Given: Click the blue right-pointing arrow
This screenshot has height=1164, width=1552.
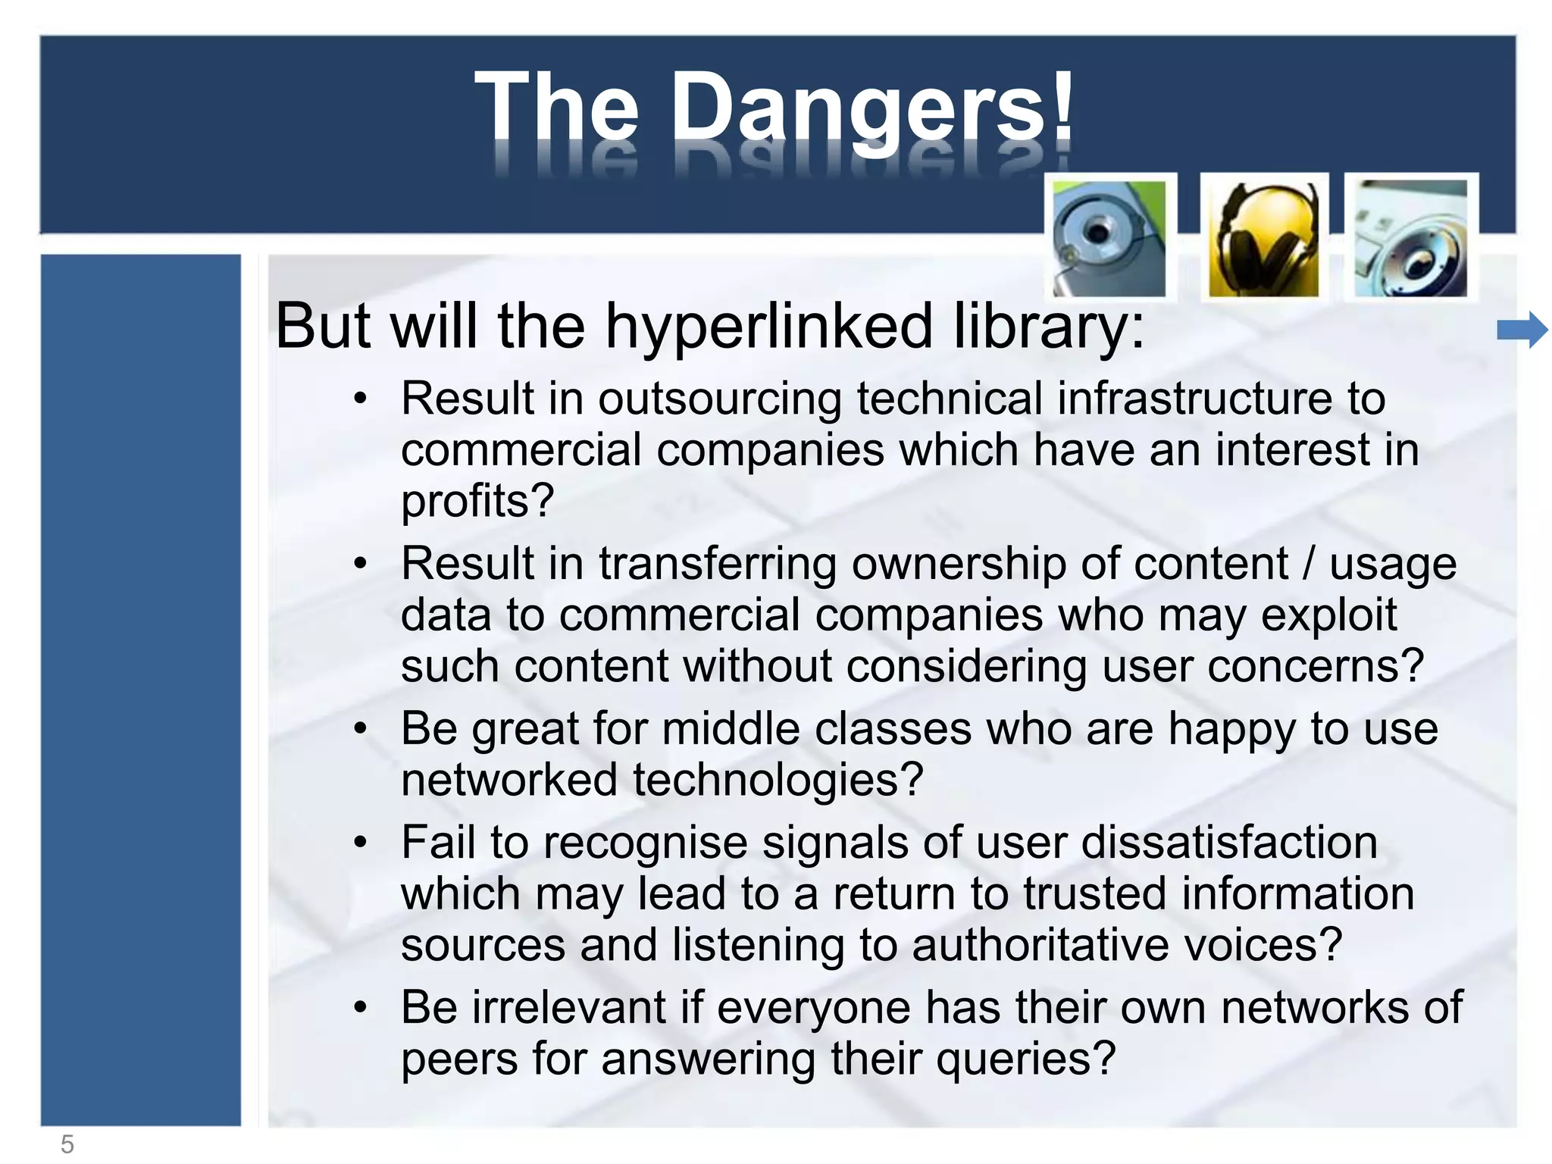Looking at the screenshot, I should (1522, 330).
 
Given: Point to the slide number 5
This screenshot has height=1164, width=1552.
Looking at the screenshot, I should (67, 1144).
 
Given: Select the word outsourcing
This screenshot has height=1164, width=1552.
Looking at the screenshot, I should (719, 399).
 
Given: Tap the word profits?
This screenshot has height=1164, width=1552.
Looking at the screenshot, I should (477, 501).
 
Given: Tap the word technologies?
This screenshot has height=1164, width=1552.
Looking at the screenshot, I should (778, 780).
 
